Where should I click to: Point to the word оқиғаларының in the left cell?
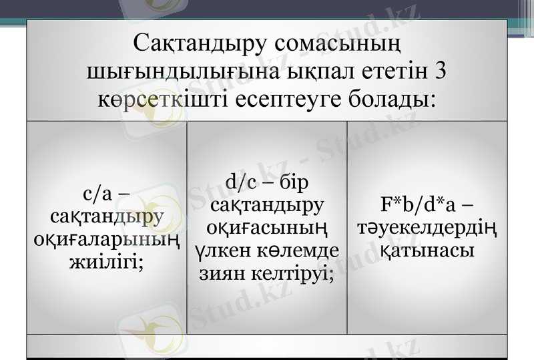point(107,240)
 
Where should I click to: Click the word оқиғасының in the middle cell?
point(267,227)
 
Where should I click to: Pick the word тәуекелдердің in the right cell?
point(427,227)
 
